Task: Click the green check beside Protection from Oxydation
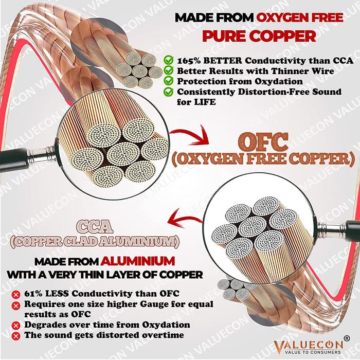point(168,82)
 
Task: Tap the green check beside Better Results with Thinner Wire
point(168,70)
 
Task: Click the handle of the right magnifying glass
point(339,227)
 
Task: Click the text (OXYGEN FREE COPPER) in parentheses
point(263,158)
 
